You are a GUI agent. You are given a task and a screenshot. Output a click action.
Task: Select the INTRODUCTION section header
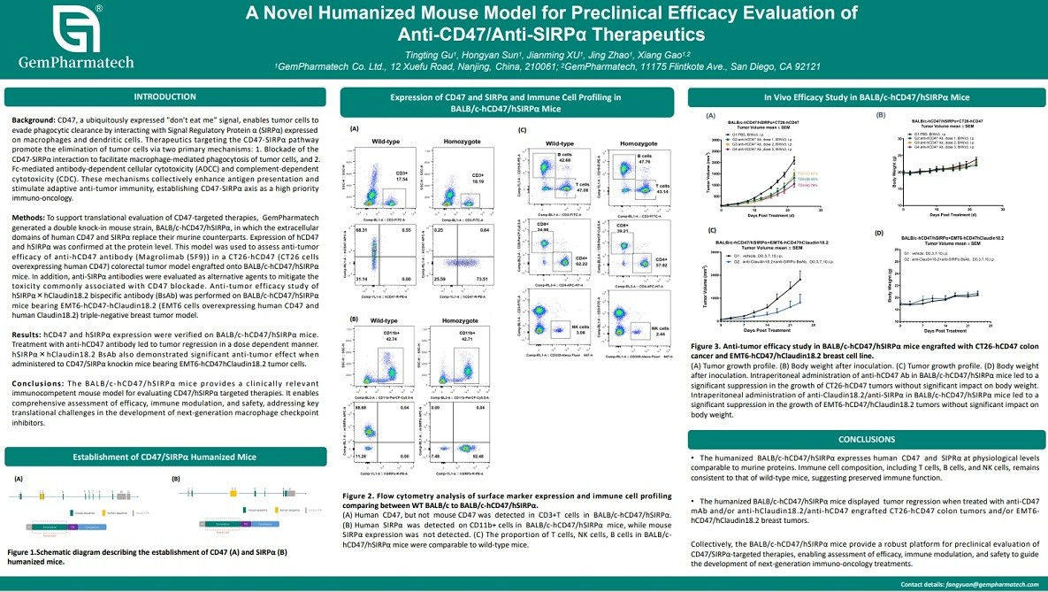pos(164,96)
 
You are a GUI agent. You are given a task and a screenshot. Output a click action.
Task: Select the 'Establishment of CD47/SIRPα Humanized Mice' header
pos(164,456)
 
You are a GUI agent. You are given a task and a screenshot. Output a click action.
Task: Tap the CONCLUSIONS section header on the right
pos(867,439)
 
